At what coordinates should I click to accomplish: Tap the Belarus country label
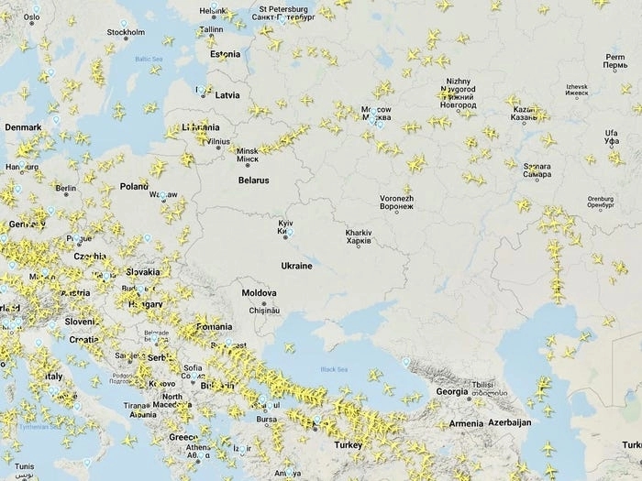(x=253, y=180)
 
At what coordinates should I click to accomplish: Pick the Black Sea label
(x=335, y=369)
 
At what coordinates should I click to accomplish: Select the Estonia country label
(x=225, y=54)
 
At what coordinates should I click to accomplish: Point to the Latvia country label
(x=227, y=94)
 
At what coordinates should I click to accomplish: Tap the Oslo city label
(x=31, y=16)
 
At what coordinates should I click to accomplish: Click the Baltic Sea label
(x=148, y=60)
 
